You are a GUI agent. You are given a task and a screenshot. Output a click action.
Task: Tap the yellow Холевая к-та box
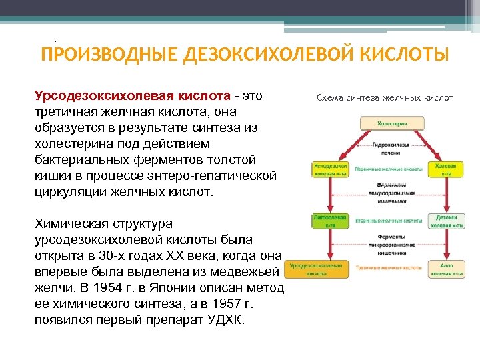point(445,169)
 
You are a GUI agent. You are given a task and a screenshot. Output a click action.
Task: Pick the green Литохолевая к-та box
point(329,221)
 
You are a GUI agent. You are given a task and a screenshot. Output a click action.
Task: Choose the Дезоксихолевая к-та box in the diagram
point(446,221)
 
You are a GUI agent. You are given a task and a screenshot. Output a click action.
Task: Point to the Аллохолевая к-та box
point(446,269)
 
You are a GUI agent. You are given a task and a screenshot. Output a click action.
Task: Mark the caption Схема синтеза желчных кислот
point(385,98)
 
